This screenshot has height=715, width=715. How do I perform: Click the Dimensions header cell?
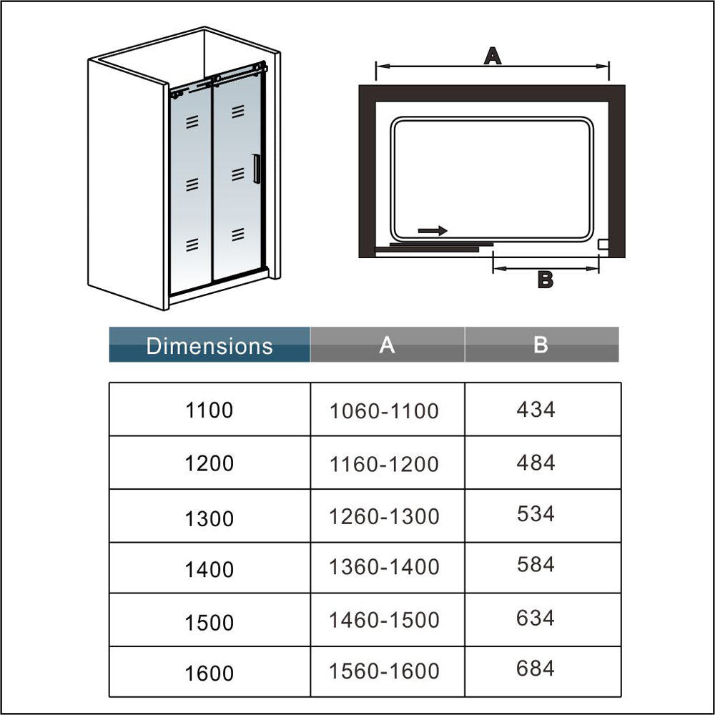point(209,345)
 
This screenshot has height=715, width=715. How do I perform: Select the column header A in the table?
point(387,345)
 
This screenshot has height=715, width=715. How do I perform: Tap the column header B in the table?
point(541,345)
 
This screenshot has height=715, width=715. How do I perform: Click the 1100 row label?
point(209,410)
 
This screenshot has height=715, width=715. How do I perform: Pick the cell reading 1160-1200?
point(384,464)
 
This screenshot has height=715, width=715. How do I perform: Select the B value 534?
point(536,514)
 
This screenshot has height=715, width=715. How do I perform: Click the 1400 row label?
point(209,570)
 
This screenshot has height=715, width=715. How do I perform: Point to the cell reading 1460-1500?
point(384,620)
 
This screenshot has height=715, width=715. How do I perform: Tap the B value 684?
point(536,669)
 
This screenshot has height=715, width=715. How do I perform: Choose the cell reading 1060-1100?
point(384,411)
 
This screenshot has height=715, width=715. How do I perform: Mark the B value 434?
point(536,410)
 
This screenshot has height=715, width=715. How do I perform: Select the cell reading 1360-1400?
point(384,567)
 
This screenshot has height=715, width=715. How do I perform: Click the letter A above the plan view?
point(492,55)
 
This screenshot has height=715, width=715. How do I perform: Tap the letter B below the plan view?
point(545,280)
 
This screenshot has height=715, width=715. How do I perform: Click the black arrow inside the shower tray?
point(433,230)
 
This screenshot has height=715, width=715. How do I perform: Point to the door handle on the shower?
point(255,169)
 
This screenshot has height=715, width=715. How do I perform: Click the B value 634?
point(536,617)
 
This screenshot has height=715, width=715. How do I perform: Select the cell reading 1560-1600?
point(384,671)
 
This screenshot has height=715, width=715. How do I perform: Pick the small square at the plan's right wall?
point(603,244)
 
